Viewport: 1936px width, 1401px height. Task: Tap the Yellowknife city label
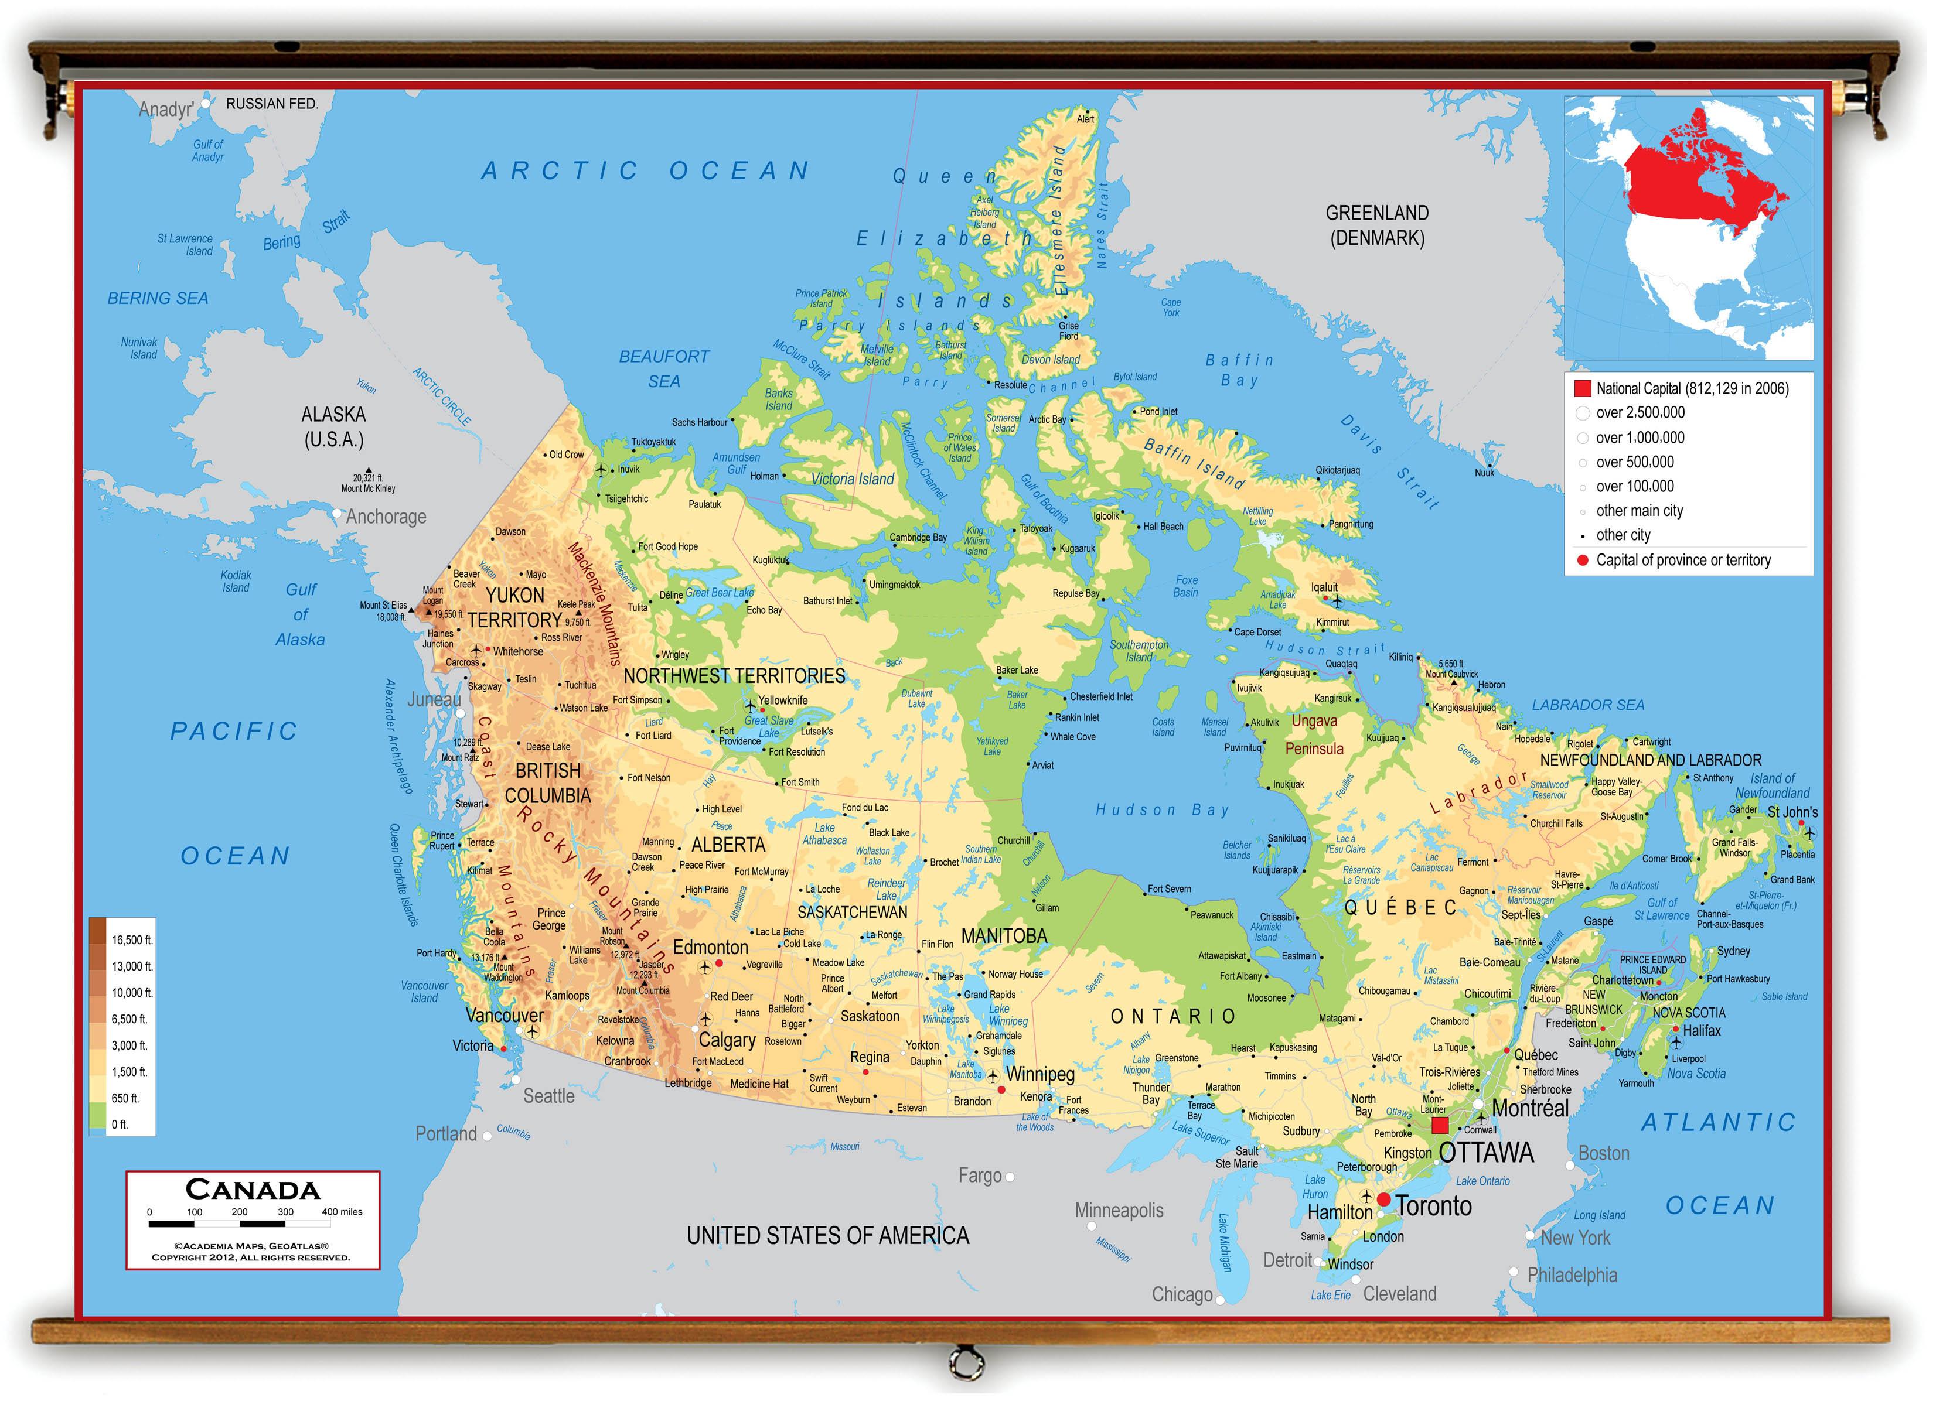tap(783, 700)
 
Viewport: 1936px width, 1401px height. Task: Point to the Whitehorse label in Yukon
tap(517, 652)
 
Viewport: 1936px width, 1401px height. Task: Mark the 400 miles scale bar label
tap(342, 1212)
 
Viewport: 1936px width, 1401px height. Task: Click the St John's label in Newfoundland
tap(1792, 812)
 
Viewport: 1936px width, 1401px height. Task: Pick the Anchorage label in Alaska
tap(385, 517)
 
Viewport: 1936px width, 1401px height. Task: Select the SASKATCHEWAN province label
tap(852, 912)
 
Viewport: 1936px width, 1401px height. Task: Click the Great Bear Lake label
tap(719, 593)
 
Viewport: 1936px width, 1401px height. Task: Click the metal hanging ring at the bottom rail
tap(966, 1362)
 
